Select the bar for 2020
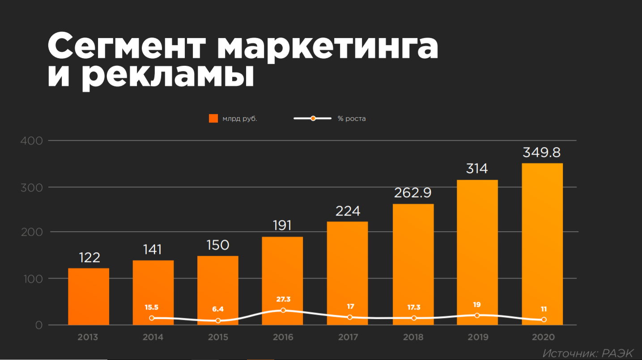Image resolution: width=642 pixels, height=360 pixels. tap(542, 244)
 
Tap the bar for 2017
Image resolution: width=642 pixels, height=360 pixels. tap(348, 273)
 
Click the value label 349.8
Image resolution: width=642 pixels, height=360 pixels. tap(541, 152)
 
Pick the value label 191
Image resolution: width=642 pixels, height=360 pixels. tap(282, 225)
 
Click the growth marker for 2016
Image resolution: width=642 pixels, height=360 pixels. tap(283, 310)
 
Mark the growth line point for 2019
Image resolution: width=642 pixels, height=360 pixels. tap(477, 315)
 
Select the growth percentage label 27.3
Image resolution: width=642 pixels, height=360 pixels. tap(283, 299)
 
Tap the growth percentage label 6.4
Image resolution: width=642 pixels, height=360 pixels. tap(218, 309)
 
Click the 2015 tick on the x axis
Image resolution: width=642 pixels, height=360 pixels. tap(218, 337)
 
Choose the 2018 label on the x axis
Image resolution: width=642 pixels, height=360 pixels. tap(413, 337)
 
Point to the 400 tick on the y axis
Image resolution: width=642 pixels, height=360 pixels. tap(32, 141)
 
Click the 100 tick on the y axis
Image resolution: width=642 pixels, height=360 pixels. tap(32, 279)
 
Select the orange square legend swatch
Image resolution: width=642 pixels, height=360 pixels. tap(213, 119)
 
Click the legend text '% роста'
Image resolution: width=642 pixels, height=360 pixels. tap(352, 119)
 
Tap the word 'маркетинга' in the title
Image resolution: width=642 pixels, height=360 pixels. tap(328, 45)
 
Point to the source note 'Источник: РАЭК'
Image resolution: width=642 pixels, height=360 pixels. tap(588, 353)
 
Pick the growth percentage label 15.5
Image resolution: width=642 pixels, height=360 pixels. tap(152, 307)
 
